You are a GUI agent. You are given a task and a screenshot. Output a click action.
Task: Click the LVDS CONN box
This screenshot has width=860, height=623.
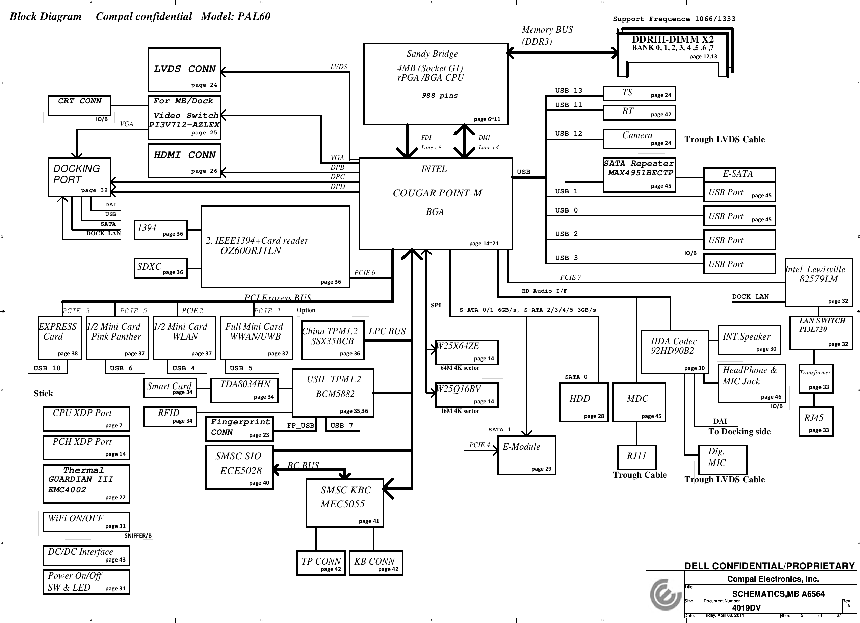(184, 70)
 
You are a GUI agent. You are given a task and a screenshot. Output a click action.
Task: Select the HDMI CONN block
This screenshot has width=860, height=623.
(184, 160)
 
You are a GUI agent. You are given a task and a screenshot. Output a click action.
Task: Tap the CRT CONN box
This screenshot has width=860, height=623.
(79, 105)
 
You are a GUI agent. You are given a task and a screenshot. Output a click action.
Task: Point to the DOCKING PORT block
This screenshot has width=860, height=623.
(79, 177)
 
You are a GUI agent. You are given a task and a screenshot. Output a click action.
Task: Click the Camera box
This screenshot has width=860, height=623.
(639, 139)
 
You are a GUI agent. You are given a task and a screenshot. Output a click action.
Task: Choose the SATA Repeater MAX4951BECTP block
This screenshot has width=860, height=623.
(639, 175)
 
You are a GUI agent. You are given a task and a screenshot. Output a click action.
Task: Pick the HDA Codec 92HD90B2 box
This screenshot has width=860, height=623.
(675, 352)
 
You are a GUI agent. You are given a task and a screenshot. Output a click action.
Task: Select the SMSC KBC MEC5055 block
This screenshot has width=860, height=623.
(345, 503)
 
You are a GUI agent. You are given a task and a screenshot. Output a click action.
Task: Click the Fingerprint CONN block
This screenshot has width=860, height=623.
(239, 429)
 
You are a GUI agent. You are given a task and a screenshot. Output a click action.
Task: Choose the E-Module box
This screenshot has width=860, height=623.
(526, 455)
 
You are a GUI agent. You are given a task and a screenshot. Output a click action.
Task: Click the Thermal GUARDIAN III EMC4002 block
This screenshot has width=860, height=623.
(86, 484)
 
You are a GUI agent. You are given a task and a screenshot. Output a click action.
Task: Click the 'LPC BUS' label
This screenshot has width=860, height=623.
(387, 331)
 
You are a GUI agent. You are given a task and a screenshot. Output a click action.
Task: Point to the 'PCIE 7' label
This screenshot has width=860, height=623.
(571, 277)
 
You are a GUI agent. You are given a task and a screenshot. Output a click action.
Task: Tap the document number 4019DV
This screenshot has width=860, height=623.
(746, 608)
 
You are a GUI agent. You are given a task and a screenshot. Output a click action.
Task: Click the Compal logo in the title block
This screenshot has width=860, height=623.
(665, 594)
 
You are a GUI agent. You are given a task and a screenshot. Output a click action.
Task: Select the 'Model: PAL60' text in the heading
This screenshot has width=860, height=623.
(235, 16)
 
